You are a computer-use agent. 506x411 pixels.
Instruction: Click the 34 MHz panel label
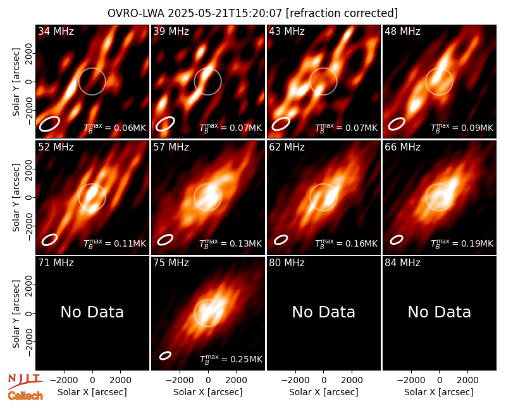(x=56, y=31)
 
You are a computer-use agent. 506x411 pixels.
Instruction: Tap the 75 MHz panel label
(x=171, y=263)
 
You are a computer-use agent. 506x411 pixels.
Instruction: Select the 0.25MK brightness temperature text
(x=231, y=359)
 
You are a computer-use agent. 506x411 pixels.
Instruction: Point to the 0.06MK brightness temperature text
(x=115, y=128)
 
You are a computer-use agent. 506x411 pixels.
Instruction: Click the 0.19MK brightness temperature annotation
(x=462, y=243)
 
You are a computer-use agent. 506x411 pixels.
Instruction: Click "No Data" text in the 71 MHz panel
(x=92, y=312)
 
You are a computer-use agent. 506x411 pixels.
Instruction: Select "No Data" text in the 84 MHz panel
(x=440, y=312)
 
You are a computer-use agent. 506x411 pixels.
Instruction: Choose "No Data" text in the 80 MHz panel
(x=324, y=312)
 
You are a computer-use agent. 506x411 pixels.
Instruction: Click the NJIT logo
(x=25, y=381)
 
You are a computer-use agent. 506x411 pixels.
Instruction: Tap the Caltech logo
(x=25, y=396)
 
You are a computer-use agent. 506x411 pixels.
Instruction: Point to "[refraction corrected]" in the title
(x=342, y=13)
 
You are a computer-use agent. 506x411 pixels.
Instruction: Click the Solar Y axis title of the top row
(x=16, y=82)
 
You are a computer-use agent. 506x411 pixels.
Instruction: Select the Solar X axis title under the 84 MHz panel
(x=439, y=392)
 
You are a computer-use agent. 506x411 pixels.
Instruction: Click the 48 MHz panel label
(x=402, y=31)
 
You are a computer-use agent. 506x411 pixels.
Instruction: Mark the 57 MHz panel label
(x=171, y=147)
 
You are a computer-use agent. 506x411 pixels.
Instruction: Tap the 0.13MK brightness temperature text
(x=230, y=243)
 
